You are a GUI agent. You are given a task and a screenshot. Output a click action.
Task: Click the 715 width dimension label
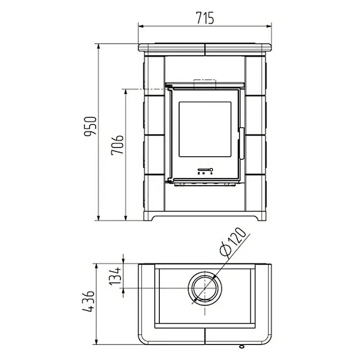(x=205, y=18)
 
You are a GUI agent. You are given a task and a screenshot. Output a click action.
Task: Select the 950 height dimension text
(x=91, y=127)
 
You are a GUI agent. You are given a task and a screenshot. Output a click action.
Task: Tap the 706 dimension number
(x=117, y=145)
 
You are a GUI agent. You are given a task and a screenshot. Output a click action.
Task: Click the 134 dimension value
(x=115, y=276)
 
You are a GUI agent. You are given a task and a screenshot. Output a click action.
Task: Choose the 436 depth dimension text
(x=88, y=302)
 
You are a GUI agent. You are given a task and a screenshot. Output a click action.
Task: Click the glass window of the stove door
(x=205, y=129)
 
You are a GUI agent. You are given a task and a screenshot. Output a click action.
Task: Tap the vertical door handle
(x=242, y=143)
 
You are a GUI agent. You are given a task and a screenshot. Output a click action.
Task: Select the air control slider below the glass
(x=205, y=170)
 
